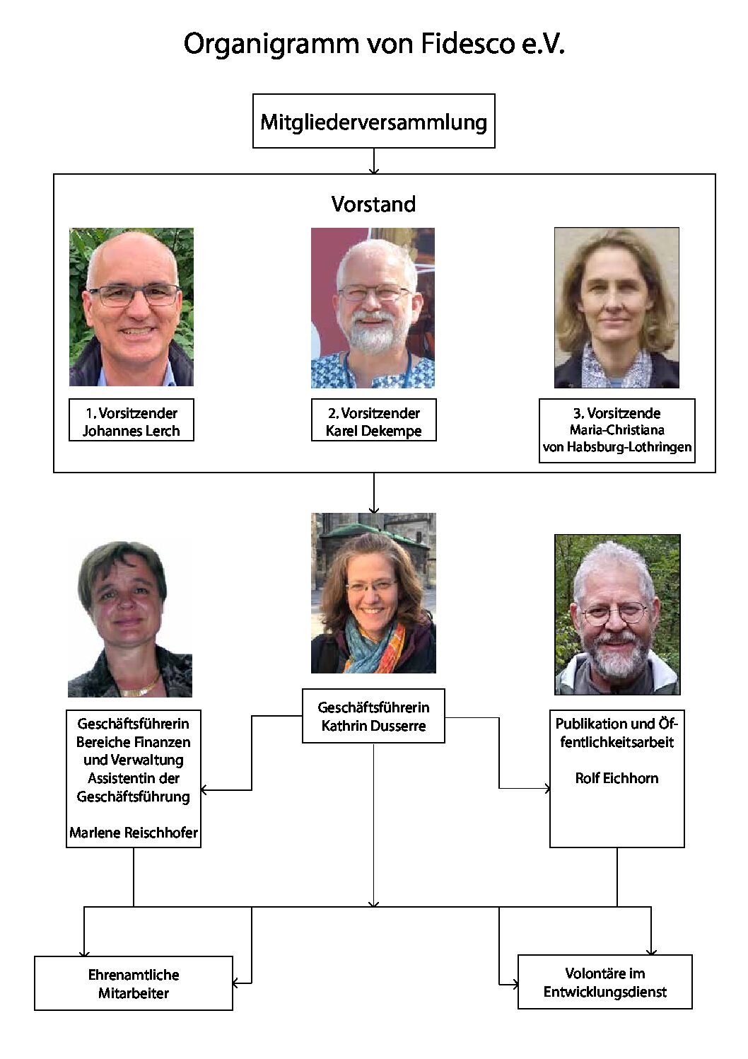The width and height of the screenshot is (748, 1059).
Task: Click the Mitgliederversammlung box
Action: (374, 121)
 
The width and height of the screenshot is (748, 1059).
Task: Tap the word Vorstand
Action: (373, 204)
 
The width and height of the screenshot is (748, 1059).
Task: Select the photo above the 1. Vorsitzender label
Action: (132, 307)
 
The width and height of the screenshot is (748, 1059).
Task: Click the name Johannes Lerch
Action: (132, 431)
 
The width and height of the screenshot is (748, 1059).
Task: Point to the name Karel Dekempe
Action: (374, 431)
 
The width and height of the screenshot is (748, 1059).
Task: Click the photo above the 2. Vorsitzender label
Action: (373, 308)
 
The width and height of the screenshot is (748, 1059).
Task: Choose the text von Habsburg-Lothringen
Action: (617, 447)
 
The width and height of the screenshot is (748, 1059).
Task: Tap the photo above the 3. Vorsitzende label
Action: (616, 308)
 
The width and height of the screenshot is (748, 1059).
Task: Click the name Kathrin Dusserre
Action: (374, 726)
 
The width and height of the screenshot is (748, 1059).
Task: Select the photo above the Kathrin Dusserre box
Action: (373, 593)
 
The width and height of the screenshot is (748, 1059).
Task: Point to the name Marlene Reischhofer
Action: (134, 833)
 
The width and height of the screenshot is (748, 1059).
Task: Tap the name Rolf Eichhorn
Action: (616, 778)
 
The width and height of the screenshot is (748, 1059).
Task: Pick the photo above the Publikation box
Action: (617, 615)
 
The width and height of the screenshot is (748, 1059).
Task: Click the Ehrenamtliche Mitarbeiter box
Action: (133, 983)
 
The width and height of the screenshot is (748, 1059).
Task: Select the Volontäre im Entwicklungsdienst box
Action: (604, 982)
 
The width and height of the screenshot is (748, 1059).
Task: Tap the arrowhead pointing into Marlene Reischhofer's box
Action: (204, 789)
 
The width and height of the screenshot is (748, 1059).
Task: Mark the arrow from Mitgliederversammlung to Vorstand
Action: (374, 161)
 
